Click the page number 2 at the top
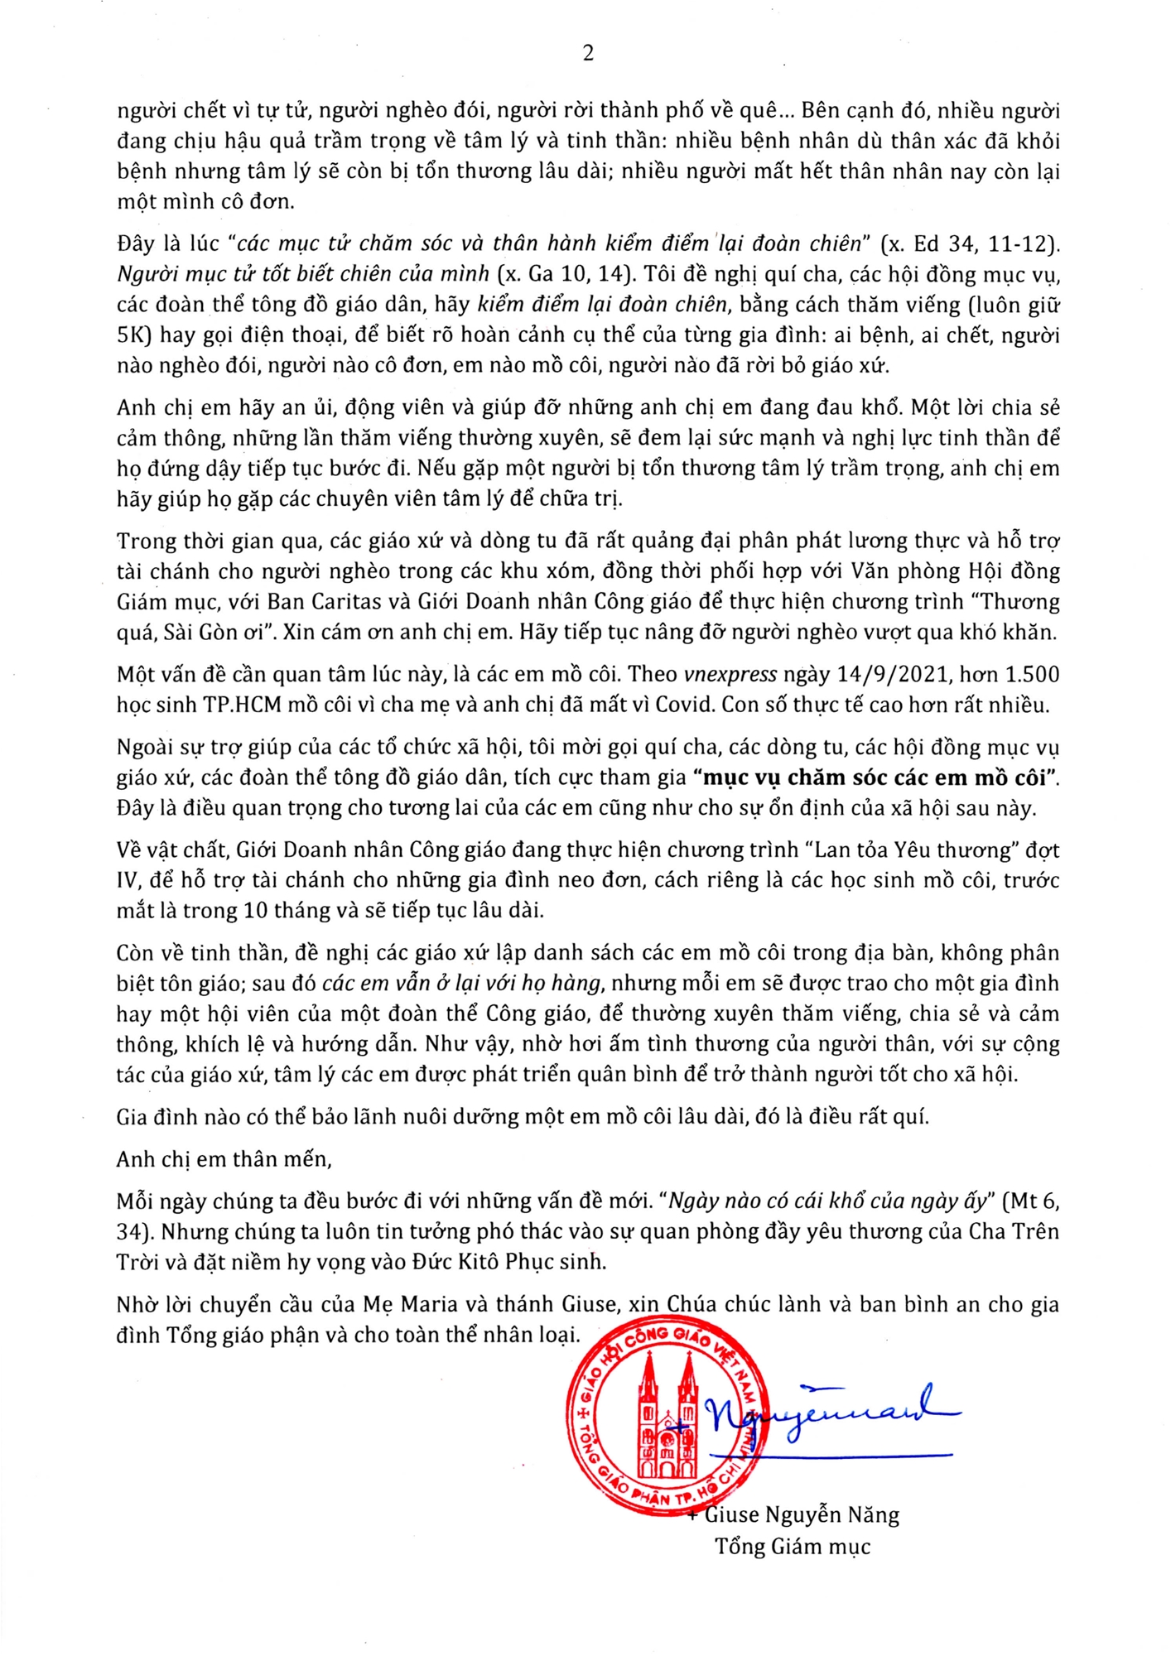click(588, 53)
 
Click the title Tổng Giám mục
click(793, 1547)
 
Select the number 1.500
click(1027, 674)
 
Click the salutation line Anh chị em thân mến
click(224, 1158)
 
